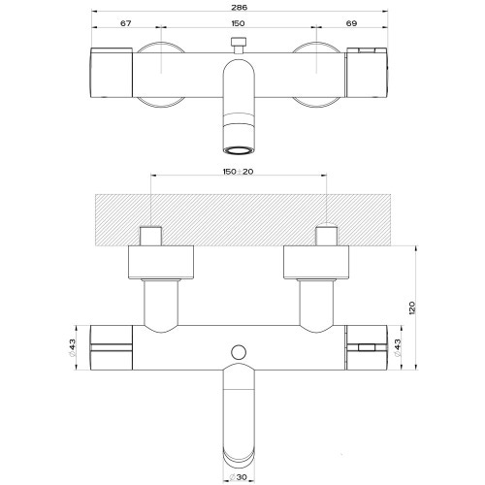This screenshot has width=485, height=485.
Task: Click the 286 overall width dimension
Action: (x=240, y=7)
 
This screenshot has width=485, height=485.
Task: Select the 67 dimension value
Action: (x=126, y=23)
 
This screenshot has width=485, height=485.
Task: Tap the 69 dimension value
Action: (x=351, y=23)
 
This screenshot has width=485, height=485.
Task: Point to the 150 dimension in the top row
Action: (x=238, y=23)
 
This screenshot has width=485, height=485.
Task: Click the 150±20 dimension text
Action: (x=238, y=172)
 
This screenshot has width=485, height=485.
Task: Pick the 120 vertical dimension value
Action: (x=411, y=307)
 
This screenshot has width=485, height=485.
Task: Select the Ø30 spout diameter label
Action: (x=238, y=477)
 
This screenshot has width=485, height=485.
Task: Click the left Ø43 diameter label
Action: (x=72, y=347)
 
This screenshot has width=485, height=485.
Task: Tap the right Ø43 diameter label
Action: (x=398, y=347)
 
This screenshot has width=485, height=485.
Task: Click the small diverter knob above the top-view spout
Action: (x=239, y=45)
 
